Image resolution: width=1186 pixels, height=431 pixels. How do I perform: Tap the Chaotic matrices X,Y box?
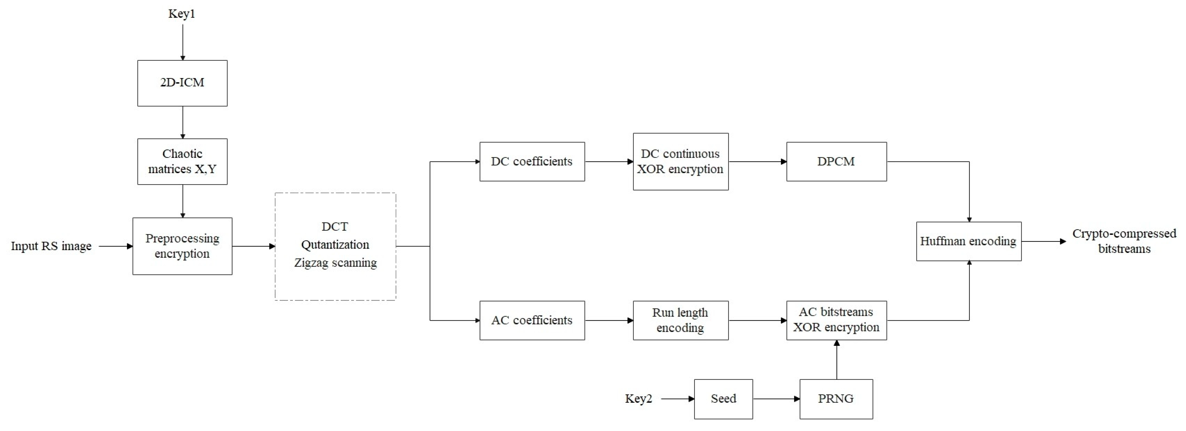(182, 161)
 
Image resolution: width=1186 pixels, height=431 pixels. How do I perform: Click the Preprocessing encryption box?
(182, 246)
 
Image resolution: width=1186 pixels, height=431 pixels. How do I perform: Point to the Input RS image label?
(51, 246)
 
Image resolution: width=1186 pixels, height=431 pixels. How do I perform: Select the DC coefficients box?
(532, 161)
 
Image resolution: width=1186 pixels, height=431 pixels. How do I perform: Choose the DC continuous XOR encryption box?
(681, 161)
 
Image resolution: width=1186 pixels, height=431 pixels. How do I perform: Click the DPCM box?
(836, 161)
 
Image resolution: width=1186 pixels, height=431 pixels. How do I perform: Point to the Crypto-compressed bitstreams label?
(1124, 241)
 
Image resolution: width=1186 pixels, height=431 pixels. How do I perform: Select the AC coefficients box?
(532, 320)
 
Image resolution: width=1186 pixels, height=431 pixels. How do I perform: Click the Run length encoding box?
(681, 320)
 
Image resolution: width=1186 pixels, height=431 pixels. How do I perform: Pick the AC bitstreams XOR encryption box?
(836, 320)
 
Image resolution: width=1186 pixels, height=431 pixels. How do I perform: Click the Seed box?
(723, 399)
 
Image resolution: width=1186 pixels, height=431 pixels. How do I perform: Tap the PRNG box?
(836, 399)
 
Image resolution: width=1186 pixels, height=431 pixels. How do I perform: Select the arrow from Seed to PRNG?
(776, 399)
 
